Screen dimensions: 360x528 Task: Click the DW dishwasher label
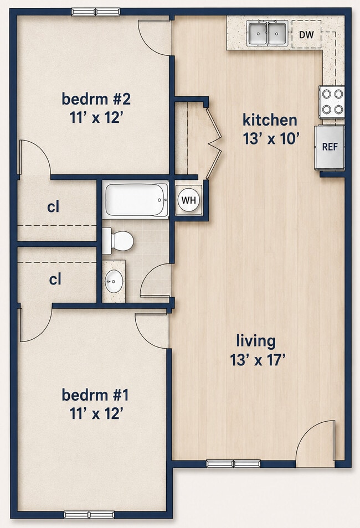click(306, 34)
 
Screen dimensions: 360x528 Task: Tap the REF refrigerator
click(330, 147)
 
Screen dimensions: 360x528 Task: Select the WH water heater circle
click(188, 200)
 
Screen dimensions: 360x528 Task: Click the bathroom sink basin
click(114, 281)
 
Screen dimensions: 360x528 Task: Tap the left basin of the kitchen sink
click(258, 33)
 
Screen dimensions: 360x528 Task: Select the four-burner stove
click(332, 102)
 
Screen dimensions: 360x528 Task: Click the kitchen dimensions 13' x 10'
click(271, 138)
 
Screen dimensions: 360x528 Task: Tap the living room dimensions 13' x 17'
click(258, 360)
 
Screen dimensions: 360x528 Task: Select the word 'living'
click(256, 341)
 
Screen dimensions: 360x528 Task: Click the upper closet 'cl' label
click(53, 207)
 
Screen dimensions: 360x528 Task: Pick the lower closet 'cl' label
click(55, 279)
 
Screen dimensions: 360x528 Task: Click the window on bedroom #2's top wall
click(96, 12)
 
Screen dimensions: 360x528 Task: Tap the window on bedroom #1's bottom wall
click(89, 515)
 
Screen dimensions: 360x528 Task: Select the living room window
click(233, 464)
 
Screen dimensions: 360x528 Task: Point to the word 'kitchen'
click(270, 120)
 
